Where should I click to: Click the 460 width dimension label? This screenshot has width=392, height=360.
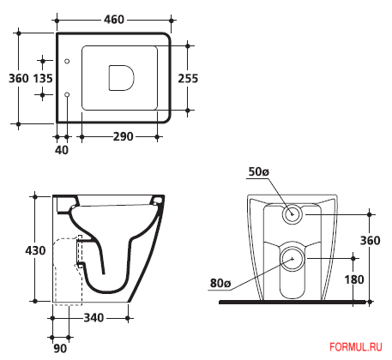[x=114, y=20]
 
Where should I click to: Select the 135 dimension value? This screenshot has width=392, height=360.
[x=43, y=78]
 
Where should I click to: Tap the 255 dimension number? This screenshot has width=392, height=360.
[x=188, y=79]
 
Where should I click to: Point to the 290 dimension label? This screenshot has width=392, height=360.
[x=124, y=136]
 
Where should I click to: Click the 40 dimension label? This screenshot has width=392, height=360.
[x=62, y=150]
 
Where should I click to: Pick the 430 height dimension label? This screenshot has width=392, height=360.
[x=35, y=250]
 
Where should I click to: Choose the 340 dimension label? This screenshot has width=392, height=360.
[x=93, y=318]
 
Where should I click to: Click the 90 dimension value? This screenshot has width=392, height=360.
[x=60, y=348]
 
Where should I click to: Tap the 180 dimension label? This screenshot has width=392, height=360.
[x=354, y=279]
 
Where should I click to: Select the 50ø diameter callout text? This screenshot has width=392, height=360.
[x=259, y=171]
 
